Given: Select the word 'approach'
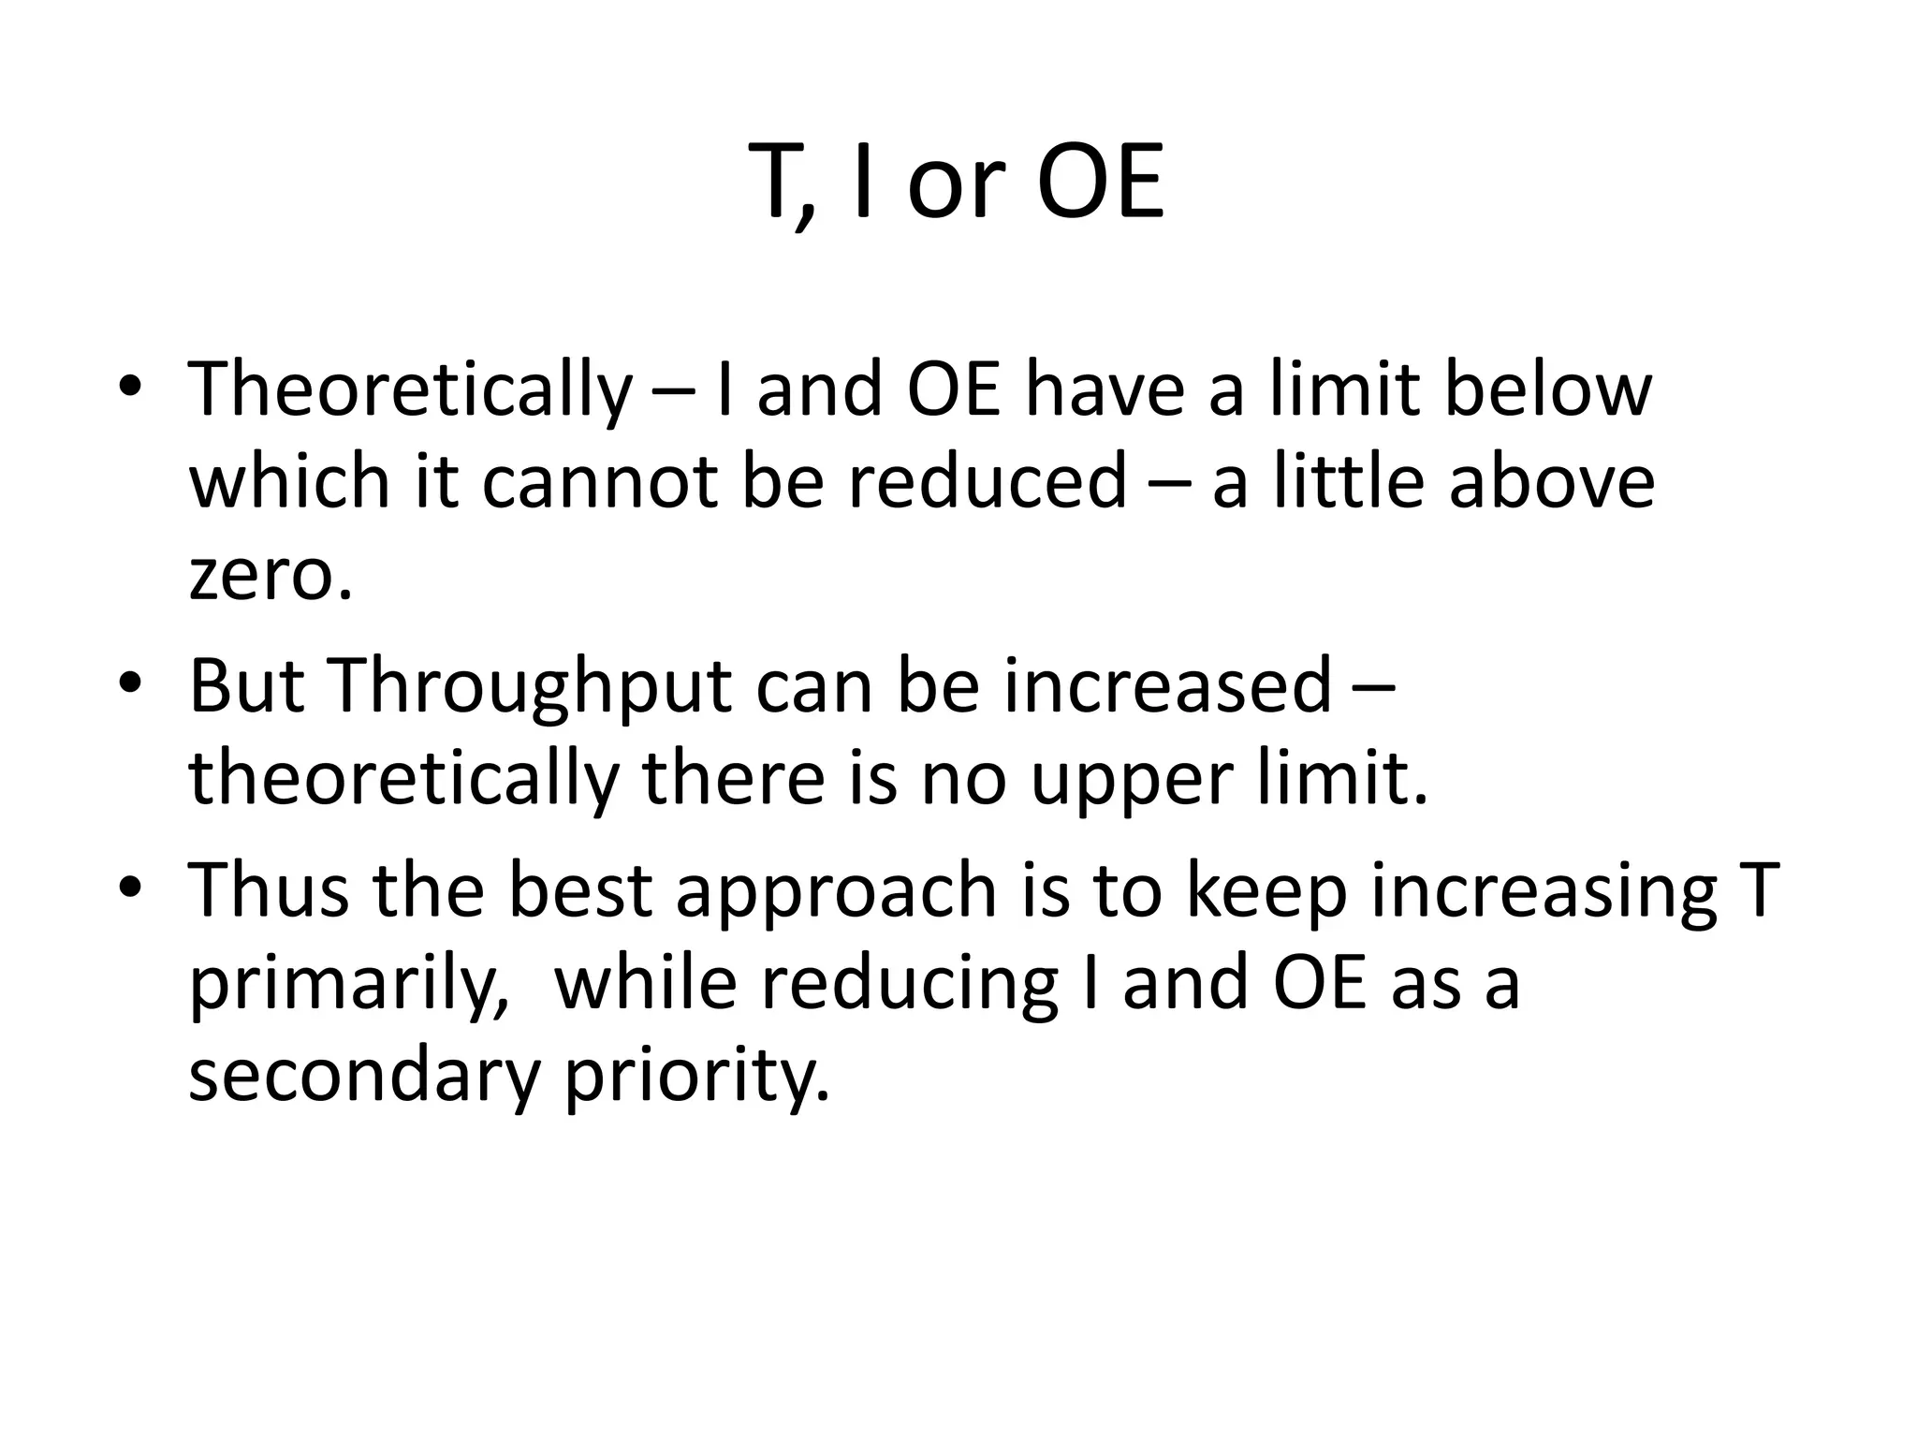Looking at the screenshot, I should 836,892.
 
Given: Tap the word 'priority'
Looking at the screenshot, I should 696,1078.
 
